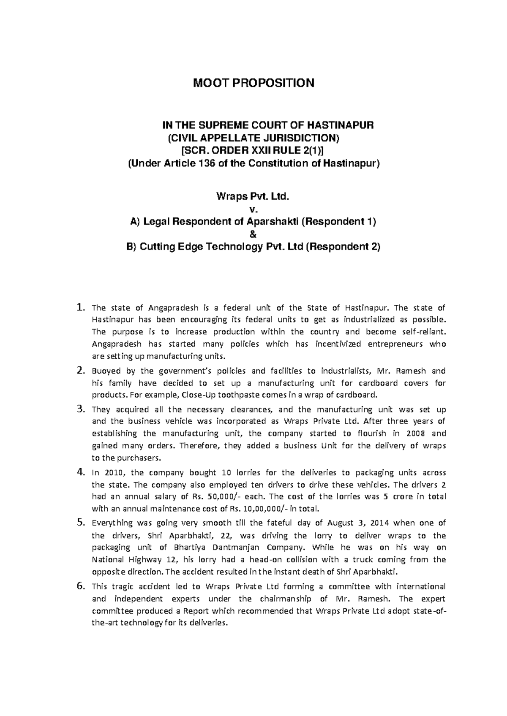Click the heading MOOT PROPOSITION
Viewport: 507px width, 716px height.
point(253,83)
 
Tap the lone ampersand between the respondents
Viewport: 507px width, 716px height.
point(253,234)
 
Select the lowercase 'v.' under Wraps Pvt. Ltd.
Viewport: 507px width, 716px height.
point(253,209)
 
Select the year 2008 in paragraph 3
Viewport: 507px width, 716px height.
point(414,433)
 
